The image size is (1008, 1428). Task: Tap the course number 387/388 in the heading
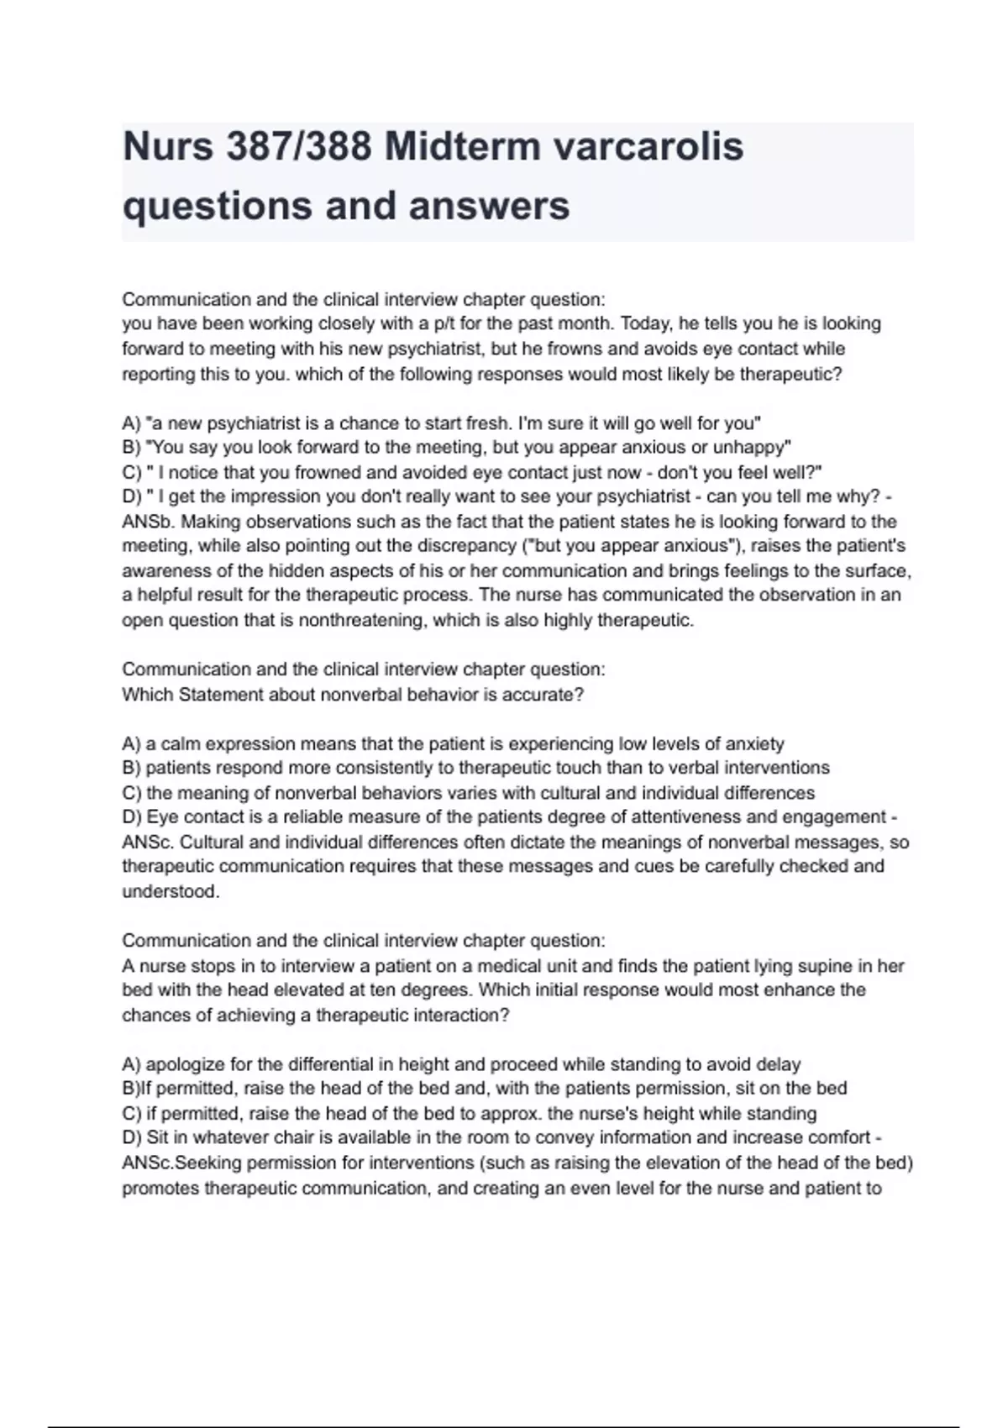coord(298,147)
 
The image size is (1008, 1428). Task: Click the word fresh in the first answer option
coord(481,423)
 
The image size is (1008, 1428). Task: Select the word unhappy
coord(752,447)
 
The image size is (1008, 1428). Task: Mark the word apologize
coord(186,1064)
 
